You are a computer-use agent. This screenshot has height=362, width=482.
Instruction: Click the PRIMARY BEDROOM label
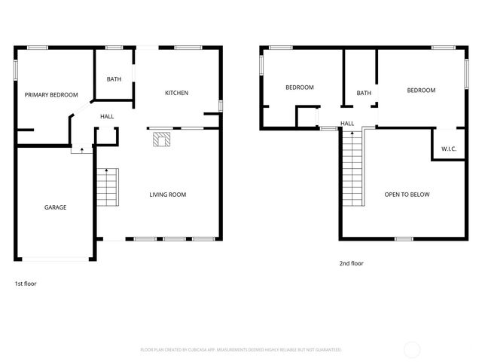click(x=51, y=95)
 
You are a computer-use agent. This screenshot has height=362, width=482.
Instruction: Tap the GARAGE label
click(x=55, y=207)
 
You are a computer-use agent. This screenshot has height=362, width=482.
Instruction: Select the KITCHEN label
click(x=176, y=93)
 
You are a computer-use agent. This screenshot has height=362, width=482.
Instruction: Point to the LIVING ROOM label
click(x=167, y=195)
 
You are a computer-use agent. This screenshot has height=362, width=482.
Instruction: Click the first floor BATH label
click(x=114, y=79)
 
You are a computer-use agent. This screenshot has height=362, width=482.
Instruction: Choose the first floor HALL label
click(x=107, y=116)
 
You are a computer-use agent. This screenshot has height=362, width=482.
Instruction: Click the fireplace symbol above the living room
click(x=160, y=139)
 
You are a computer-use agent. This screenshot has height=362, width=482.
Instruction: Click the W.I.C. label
click(x=444, y=149)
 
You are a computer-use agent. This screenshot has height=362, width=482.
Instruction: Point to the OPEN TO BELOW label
click(x=407, y=195)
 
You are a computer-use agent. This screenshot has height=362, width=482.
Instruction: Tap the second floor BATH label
click(x=364, y=94)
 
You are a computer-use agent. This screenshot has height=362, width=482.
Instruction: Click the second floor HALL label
click(x=347, y=123)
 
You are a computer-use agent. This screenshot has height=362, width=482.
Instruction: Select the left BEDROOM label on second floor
click(x=299, y=87)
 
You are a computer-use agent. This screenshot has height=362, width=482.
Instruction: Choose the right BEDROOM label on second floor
click(x=421, y=90)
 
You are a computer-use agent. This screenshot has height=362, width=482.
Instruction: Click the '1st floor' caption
click(x=26, y=284)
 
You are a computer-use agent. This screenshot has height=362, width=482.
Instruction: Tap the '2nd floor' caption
click(x=351, y=264)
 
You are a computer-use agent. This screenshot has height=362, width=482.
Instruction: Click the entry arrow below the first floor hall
click(x=81, y=150)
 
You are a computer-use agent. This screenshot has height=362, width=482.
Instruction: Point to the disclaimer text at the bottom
click(x=241, y=350)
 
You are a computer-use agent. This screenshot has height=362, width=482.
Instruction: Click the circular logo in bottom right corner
click(x=412, y=349)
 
